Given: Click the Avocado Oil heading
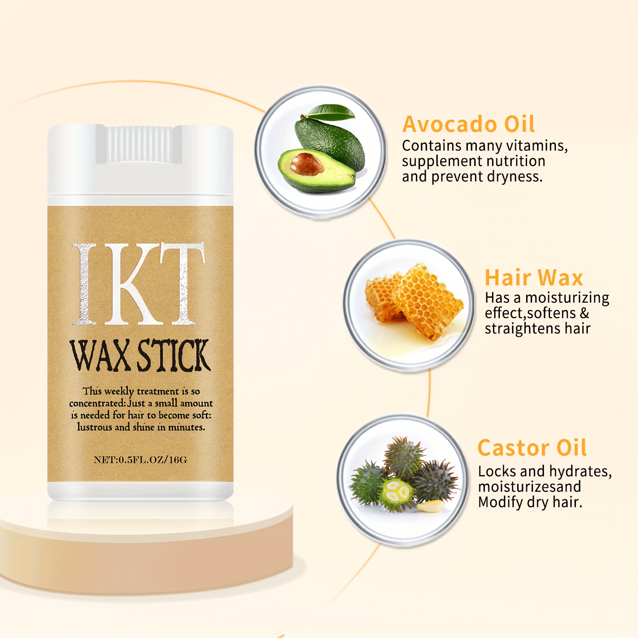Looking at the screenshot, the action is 468,124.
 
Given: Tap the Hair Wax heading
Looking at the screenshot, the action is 534,278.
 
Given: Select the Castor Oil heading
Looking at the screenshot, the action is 532,448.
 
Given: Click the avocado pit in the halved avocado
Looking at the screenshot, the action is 306,164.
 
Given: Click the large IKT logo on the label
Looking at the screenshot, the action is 139,284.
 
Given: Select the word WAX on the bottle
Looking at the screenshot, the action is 100,355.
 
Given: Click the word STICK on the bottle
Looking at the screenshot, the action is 174,355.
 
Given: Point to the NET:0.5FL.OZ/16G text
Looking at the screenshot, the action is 140,460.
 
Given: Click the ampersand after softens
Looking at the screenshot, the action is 585,313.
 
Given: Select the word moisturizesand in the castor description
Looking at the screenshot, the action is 530,487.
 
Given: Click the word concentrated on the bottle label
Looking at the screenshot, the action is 97,403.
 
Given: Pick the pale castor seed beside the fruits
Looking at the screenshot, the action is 430,506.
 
